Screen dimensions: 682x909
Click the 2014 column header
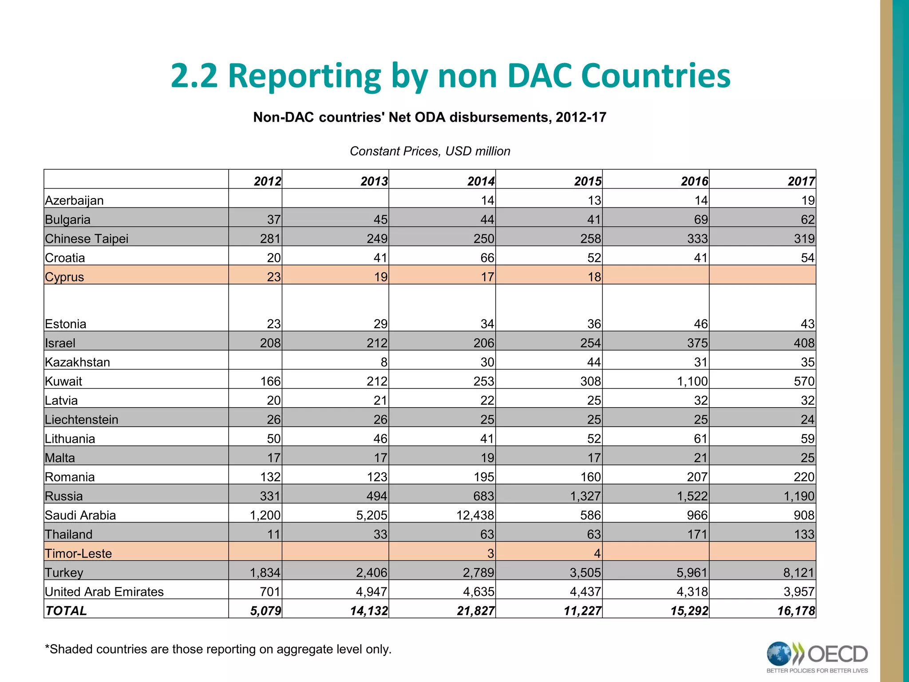point(481,181)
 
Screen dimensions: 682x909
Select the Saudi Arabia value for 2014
point(475,515)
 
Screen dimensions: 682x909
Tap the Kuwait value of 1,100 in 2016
point(692,381)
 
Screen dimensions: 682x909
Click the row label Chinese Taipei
point(87,239)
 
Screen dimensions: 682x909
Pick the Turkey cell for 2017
point(798,573)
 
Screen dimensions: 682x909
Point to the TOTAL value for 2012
point(265,611)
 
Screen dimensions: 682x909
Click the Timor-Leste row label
point(79,554)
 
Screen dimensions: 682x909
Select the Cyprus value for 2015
point(594,277)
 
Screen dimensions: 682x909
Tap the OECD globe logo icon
point(779,654)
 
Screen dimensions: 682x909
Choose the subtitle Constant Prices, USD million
point(430,151)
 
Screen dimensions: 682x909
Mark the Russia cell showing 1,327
point(585,496)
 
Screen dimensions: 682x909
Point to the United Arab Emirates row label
point(104,592)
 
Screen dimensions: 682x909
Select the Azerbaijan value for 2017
point(808,201)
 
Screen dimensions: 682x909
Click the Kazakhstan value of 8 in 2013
point(383,362)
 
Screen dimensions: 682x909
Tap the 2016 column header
point(694,181)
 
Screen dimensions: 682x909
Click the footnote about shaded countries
point(218,649)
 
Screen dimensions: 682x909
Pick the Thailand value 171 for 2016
point(697,535)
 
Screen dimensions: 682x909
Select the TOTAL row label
point(66,611)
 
